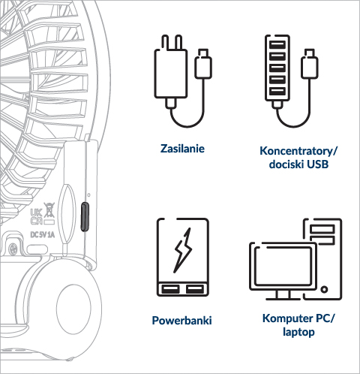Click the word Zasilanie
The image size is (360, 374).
tap(182, 149)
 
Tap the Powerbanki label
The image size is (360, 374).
tap(181, 321)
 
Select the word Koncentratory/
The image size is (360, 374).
tap(298, 151)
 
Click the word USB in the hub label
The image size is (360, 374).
tap(317, 164)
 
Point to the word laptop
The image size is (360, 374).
tap(298, 333)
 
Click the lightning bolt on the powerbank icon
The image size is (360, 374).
tap(183, 250)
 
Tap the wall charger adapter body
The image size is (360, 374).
tap(171, 73)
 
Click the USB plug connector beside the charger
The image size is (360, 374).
tap(203, 64)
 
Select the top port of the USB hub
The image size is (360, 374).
tap(277, 45)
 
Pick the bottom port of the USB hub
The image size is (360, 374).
tap(277, 91)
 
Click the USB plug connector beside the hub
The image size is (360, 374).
tap(310, 64)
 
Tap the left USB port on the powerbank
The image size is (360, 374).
tap(170, 289)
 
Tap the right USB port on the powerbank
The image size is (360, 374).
tap(194, 289)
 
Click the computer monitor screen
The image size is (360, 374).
tap(283, 266)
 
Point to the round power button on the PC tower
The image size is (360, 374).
tap(324, 289)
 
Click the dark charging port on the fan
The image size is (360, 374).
tap(85, 217)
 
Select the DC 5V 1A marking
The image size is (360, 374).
tap(42, 235)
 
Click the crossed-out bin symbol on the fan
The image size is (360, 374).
tap(49, 210)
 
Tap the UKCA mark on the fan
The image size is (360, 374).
tap(36, 217)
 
